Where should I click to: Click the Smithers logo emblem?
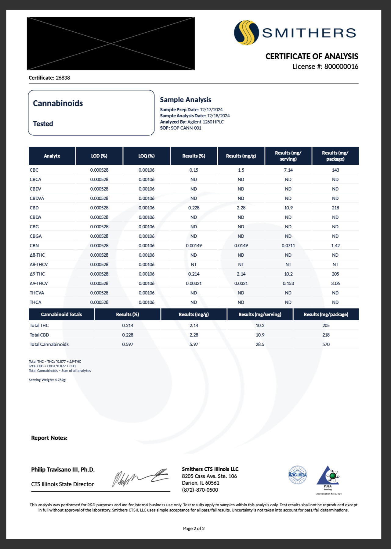click(246, 33)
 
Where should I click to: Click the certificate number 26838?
click(63, 78)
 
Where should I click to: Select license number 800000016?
click(341, 66)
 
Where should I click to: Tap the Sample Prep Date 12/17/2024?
click(211, 110)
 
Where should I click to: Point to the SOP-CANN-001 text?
click(186, 128)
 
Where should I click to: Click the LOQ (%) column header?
click(147, 156)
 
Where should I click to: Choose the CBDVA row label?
click(37, 198)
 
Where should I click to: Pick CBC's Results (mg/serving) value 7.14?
click(288, 170)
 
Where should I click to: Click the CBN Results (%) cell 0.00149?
click(194, 246)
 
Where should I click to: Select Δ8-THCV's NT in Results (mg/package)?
click(335, 265)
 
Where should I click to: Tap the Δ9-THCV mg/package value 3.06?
click(335, 283)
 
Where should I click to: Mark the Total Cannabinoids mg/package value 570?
click(326, 344)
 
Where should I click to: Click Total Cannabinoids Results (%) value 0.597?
click(128, 344)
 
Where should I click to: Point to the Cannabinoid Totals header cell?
click(61, 314)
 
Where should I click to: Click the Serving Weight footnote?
click(48, 380)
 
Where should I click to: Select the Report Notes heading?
click(49, 438)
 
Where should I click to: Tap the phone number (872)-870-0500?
click(200, 490)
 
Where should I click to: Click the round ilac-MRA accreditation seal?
click(298, 475)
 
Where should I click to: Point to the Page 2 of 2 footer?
click(194, 528)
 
